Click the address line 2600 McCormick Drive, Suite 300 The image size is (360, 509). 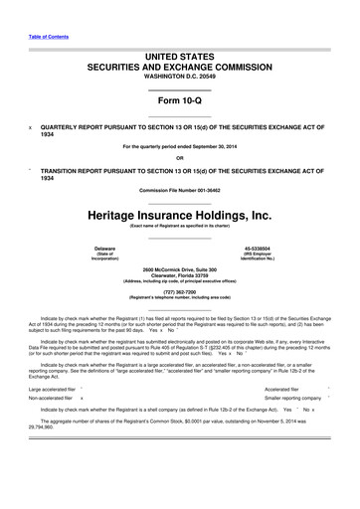click(179, 270)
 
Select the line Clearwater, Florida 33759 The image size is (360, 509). click(179, 276)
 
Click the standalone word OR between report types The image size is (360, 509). click(179, 157)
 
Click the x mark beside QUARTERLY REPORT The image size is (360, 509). click(30, 127)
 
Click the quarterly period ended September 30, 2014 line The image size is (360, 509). click(179, 147)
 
